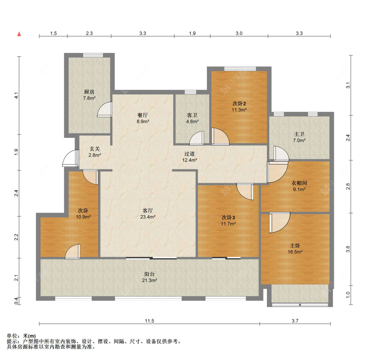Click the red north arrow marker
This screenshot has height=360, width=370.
(x=19, y=34)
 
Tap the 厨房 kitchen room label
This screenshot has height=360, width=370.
(x=89, y=92)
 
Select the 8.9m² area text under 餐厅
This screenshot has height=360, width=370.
(x=143, y=121)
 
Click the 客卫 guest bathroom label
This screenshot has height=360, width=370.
(x=192, y=115)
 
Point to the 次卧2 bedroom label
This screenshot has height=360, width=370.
(x=239, y=104)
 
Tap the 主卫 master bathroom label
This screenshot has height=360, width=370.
(x=299, y=134)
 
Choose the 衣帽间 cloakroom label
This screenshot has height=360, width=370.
(x=299, y=183)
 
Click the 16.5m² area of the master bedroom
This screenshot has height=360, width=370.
(x=295, y=252)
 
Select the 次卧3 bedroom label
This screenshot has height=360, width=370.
(x=228, y=217)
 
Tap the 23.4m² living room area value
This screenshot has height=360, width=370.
(x=148, y=217)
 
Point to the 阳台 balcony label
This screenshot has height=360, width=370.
(x=149, y=274)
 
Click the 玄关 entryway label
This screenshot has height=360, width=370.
(x=95, y=149)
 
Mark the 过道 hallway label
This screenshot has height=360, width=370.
(x=189, y=154)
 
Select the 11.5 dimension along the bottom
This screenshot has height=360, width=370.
(x=149, y=321)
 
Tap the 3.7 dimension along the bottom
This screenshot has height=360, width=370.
(x=295, y=321)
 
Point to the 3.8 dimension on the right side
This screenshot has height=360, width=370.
(x=348, y=249)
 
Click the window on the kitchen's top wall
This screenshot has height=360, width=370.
(x=93, y=55)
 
